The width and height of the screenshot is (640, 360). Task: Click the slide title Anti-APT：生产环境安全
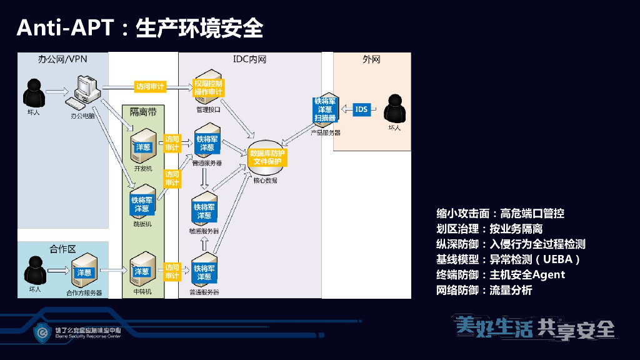click(139, 27)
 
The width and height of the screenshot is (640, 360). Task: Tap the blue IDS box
click(361, 109)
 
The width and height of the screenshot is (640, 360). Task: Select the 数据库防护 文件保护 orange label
click(267, 157)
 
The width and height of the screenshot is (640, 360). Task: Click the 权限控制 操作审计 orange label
click(208, 87)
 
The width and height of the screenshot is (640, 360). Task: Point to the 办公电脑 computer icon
click(86, 91)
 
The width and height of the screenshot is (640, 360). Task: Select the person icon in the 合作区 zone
click(34, 269)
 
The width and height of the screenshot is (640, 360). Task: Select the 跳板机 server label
click(142, 224)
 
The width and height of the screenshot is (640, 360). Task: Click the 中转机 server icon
click(141, 271)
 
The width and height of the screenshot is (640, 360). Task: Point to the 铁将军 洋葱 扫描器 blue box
click(325, 109)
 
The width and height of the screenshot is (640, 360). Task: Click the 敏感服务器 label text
click(205, 231)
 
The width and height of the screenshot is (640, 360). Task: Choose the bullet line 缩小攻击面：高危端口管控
click(500, 214)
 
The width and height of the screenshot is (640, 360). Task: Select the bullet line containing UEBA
click(509, 259)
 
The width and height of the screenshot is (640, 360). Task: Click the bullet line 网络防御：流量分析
click(484, 290)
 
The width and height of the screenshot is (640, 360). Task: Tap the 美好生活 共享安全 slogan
click(536, 327)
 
